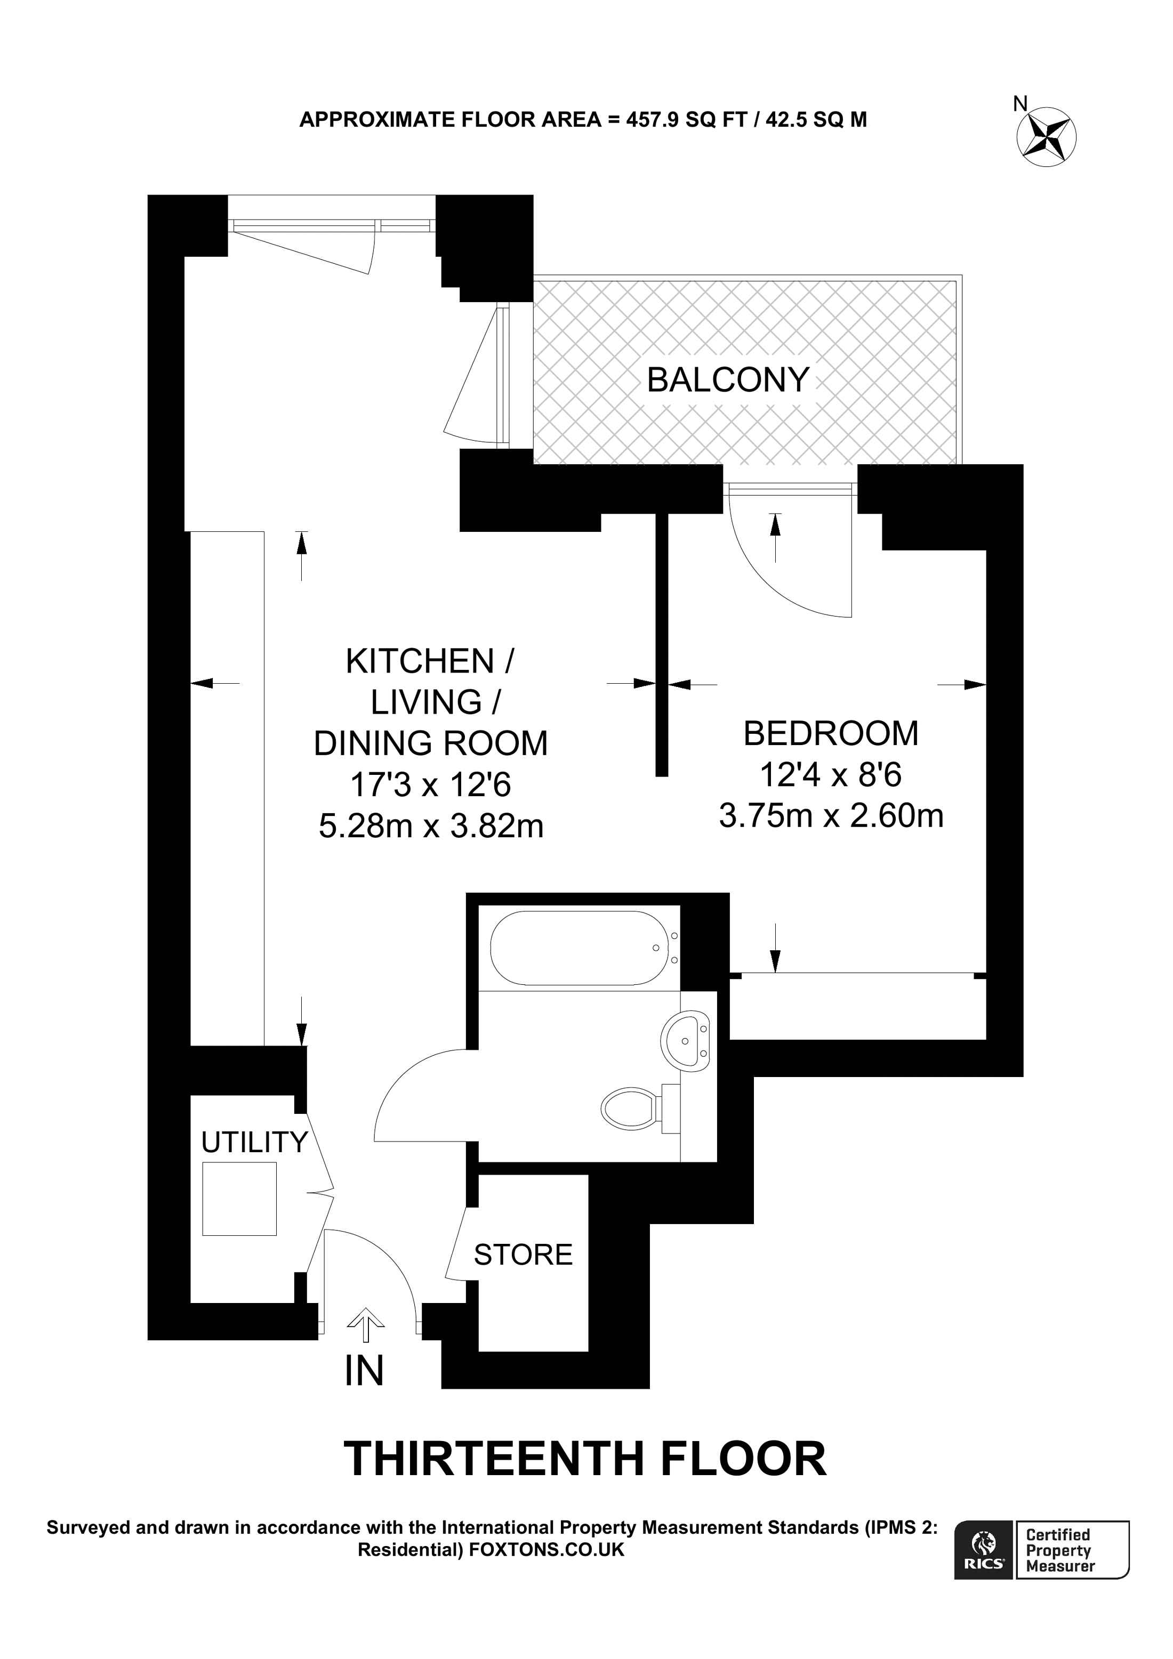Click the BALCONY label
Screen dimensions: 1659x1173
tap(727, 380)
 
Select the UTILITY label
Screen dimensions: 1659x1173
tap(254, 1143)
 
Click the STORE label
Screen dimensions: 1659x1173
tap(523, 1255)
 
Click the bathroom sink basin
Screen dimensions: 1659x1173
tap(685, 1040)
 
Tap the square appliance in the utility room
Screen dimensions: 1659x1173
tap(239, 1199)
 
